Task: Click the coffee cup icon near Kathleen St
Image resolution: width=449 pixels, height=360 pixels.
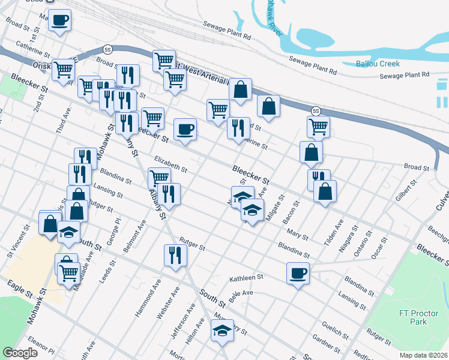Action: [298, 274]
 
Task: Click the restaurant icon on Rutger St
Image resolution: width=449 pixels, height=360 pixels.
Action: [176, 255]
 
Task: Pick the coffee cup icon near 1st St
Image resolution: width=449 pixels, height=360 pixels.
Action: [59, 20]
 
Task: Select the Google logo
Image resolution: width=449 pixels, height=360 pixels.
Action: [20, 353]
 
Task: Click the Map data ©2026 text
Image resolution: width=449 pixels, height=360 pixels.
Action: [424, 355]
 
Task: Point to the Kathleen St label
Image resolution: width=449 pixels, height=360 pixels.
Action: [247, 278]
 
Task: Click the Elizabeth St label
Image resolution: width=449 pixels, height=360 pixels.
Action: [171, 164]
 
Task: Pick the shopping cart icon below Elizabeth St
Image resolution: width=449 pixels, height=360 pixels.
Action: [159, 178]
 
